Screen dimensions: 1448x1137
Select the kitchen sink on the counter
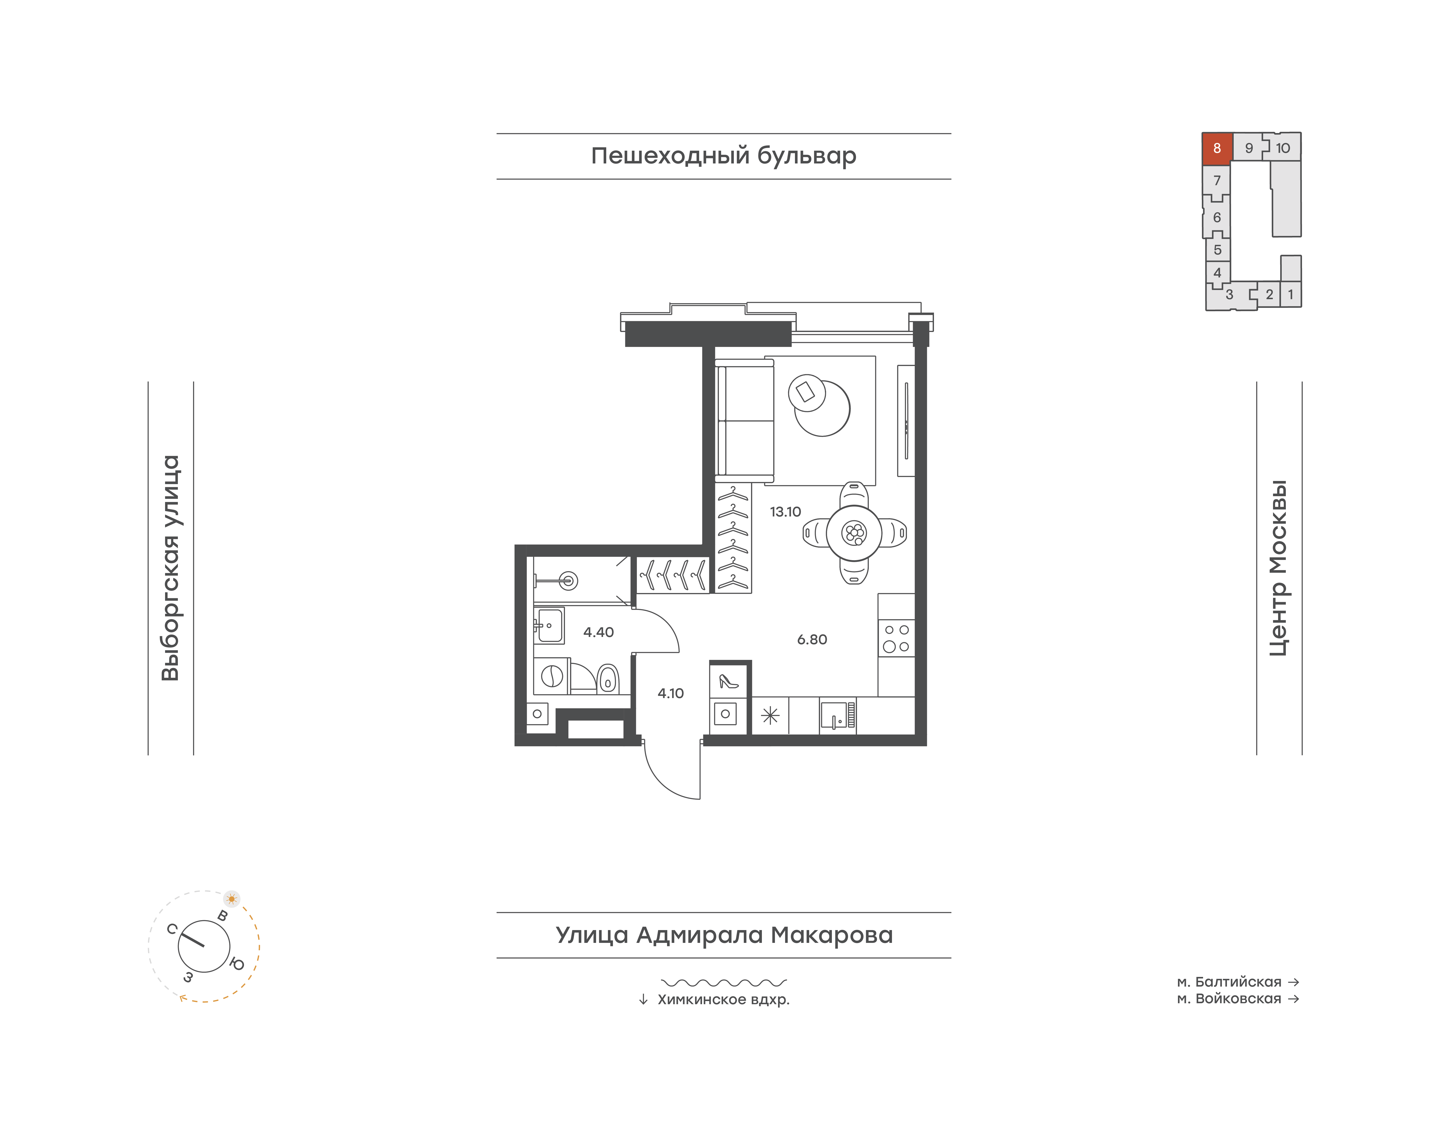point(837,716)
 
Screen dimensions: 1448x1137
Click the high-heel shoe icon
point(729,681)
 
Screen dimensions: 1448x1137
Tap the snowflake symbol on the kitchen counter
point(770,716)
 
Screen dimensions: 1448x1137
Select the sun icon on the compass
point(232,899)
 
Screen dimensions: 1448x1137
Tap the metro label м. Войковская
point(1229,999)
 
